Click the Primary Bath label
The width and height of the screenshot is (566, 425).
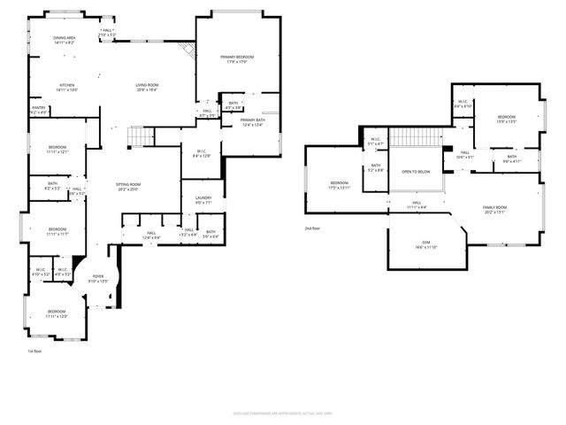(252, 122)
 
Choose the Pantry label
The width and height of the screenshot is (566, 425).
(39, 111)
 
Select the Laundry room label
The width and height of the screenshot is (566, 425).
(203, 200)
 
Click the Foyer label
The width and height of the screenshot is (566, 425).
(98, 278)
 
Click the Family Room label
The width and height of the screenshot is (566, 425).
(493, 209)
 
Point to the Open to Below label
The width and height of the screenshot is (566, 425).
(416, 172)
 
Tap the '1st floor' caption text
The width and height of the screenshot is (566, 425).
(35, 352)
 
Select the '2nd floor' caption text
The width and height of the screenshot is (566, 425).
(312, 228)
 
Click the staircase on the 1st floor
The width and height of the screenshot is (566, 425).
(140, 137)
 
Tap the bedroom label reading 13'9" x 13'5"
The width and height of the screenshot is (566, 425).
(506, 120)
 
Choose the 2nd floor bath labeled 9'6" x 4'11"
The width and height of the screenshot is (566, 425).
(512, 159)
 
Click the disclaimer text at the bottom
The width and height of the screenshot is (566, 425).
(283, 412)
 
